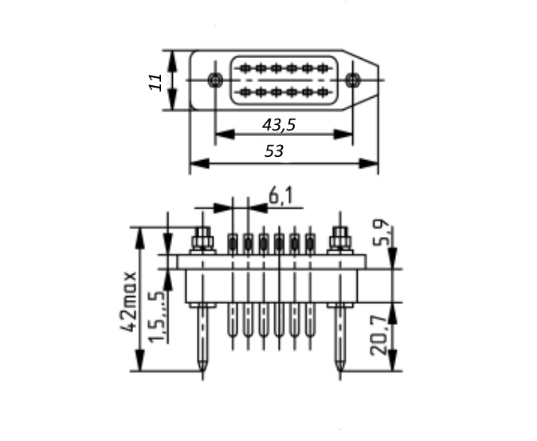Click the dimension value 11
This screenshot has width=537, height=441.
156,81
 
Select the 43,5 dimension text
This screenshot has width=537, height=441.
279,125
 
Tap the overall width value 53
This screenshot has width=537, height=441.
274,151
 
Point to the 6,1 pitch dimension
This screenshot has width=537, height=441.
281,197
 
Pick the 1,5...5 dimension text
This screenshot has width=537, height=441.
157,316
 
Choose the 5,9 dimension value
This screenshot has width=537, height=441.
381,232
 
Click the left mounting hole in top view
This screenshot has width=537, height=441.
215,80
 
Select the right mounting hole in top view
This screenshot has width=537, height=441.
352,80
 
